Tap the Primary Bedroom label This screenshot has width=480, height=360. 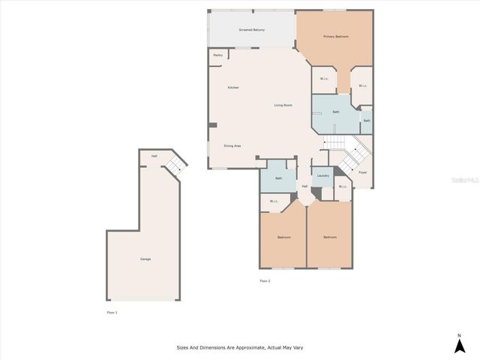pyautogui.click(x=335, y=37)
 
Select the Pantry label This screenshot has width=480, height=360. pyautogui.click(x=217, y=55)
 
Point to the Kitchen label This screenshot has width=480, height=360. pyautogui.click(x=233, y=88)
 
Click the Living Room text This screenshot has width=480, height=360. pyautogui.click(x=283, y=105)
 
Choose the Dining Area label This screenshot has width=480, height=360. pyautogui.click(x=232, y=145)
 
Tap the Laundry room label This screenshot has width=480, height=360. pyautogui.click(x=322, y=175)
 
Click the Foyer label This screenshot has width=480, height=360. pyautogui.click(x=362, y=172)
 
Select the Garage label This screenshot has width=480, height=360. pyautogui.click(x=145, y=259)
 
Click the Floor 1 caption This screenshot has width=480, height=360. pyautogui.click(x=112, y=312)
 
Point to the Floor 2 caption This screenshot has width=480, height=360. pyautogui.click(x=265, y=280)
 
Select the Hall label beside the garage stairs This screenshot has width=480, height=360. pyautogui.click(x=154, y=156)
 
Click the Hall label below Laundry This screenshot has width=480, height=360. pyautogui.click(x=304, y=187)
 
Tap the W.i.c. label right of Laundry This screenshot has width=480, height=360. pyautogui.click(x=342, y=187)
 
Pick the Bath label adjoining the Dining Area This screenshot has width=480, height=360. pyautogui.click(x=278, y=178)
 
